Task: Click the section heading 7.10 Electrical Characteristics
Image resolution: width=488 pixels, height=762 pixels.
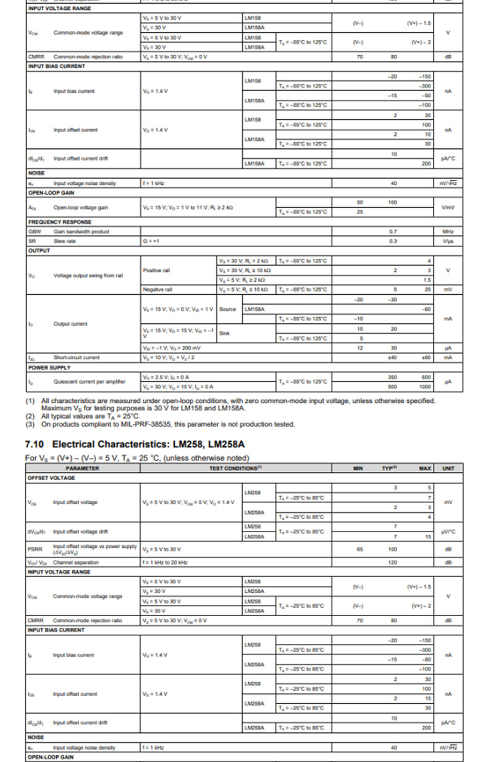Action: (138, 444)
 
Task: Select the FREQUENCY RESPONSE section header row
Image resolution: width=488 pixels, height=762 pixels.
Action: (60, 222)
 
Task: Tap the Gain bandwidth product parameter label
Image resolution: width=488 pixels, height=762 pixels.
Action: (82, 231)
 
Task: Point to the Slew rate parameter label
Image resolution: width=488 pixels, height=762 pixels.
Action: (64, 241)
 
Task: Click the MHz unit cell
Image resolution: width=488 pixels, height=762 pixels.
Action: (448, 231)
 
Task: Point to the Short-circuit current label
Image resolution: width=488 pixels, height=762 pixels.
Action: (77, 357)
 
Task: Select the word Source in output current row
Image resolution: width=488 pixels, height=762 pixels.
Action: (227, 309)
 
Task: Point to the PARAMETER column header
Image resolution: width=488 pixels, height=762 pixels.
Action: (82, 468)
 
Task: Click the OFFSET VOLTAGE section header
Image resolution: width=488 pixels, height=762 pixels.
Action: (51, 478)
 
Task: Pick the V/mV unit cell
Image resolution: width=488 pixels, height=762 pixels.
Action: (448, 207)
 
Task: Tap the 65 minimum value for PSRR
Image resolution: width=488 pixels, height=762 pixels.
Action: (360, 549)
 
